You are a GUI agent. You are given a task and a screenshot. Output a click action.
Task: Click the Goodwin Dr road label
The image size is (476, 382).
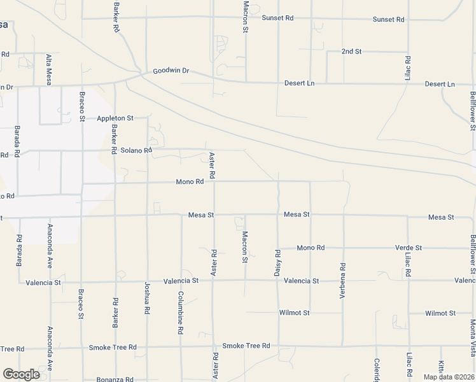171,71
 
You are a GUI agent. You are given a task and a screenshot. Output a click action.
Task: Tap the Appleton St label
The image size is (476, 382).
115,118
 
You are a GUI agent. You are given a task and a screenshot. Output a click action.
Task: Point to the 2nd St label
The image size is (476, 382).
351,51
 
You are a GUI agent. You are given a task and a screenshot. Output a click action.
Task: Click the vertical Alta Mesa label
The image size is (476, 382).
48,69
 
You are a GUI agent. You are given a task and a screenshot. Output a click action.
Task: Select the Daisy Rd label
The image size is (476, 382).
277,262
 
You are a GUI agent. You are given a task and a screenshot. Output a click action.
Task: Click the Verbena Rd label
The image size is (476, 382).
343,281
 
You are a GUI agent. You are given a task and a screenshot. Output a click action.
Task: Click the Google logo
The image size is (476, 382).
21,374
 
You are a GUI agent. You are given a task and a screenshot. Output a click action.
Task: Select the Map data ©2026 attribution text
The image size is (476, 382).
448,377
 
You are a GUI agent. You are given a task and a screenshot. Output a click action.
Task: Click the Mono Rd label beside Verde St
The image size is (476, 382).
311,248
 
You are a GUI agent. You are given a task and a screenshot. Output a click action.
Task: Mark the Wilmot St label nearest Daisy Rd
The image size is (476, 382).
294,313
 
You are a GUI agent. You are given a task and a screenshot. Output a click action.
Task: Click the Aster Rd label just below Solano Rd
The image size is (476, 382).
213,166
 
